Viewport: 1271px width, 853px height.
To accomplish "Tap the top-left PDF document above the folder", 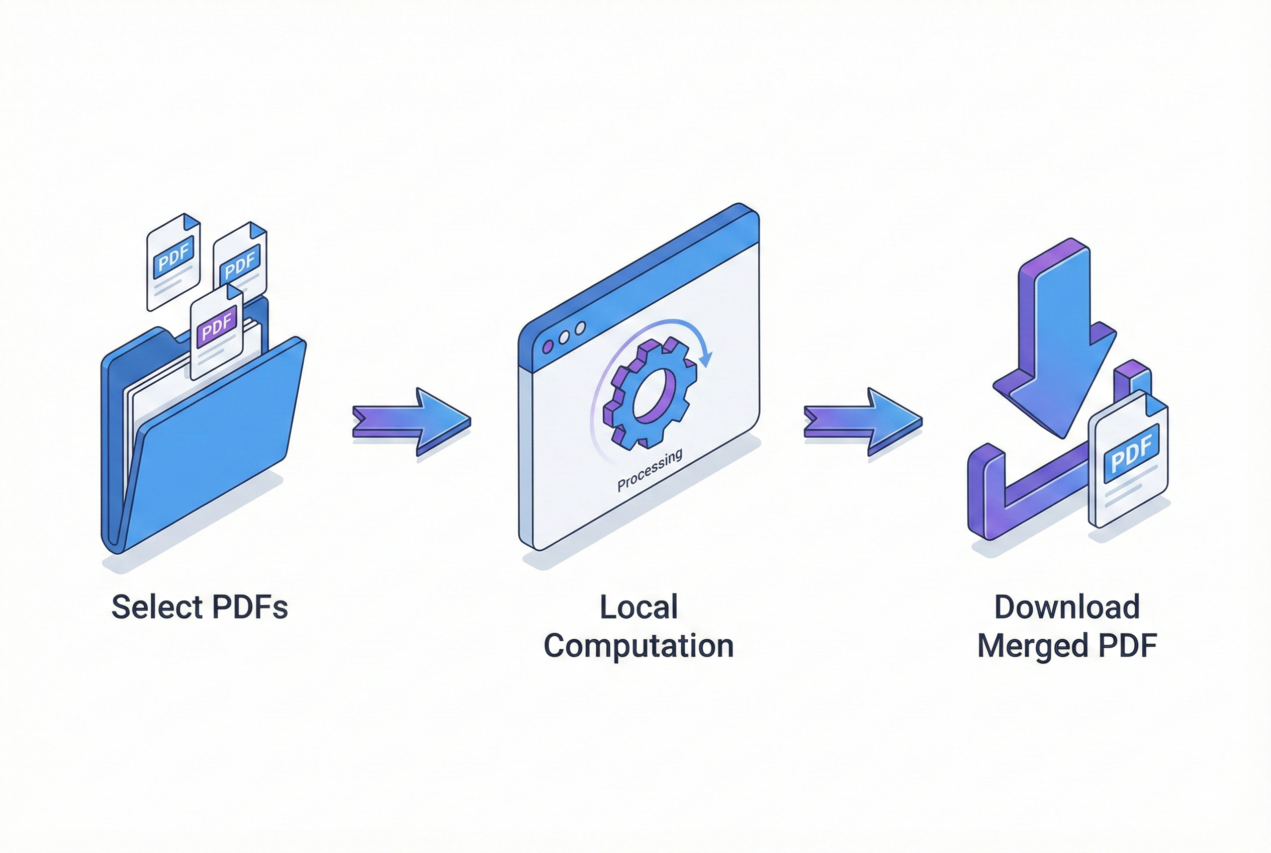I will click(x=173, y=262).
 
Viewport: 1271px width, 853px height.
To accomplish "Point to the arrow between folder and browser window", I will click(x=412, y=421).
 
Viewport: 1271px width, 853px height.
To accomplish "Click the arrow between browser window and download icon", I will click(x=863, y=421).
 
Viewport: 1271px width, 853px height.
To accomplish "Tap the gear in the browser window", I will click(x=650, y=393).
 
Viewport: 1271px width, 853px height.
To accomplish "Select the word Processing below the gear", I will click(x=650, y=471).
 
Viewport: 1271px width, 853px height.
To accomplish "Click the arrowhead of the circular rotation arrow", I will click(x=706, y=359).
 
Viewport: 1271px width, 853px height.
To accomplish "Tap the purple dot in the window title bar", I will click(x=548, y=347).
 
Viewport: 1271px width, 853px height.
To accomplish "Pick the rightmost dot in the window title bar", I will click(x=580, y=328).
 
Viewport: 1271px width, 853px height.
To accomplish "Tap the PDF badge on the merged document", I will click(x=1131, y=454).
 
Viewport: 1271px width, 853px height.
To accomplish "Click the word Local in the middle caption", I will click(x=639, y=607).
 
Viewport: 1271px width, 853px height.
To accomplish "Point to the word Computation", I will click(x=639, y=646).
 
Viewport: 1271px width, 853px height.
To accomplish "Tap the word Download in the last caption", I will click(x=1066, y=607).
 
